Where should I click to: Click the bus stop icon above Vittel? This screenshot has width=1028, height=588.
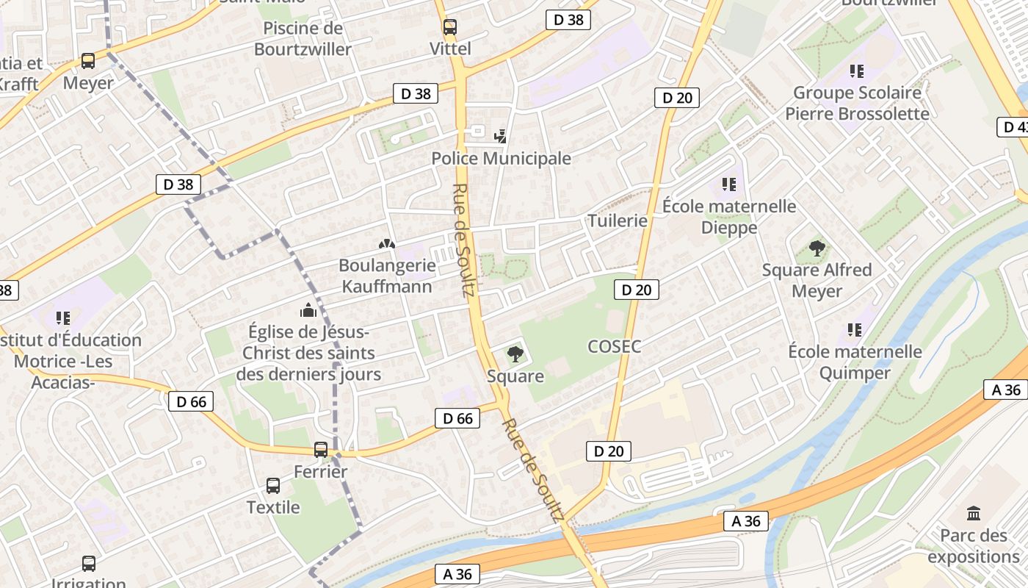449,27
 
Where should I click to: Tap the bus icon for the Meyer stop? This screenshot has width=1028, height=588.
88,61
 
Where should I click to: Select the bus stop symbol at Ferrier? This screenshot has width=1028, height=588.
321,449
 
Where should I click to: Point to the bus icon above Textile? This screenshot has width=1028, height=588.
273,485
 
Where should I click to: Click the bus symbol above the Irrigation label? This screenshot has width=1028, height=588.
89,564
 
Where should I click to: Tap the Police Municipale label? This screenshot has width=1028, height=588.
501,158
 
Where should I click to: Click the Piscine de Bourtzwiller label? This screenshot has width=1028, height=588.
303,39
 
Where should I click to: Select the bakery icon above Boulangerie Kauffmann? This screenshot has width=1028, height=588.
385,243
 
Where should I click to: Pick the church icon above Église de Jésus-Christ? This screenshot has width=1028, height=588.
308,310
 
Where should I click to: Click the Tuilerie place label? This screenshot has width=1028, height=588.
618,220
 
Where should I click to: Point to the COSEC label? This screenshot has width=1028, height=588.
615,346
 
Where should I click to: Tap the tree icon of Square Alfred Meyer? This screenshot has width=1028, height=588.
817,248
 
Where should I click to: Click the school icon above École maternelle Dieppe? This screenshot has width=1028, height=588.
728,184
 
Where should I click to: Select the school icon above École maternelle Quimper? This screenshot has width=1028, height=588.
855,330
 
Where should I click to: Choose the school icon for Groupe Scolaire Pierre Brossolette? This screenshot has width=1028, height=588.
857,71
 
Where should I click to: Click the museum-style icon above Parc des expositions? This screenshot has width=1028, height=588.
974,513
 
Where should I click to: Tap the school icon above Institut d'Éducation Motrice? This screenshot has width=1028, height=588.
63,318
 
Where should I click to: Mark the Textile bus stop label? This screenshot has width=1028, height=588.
273,507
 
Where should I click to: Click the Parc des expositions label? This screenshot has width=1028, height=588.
974,545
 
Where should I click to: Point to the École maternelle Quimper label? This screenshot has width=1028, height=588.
855,362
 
